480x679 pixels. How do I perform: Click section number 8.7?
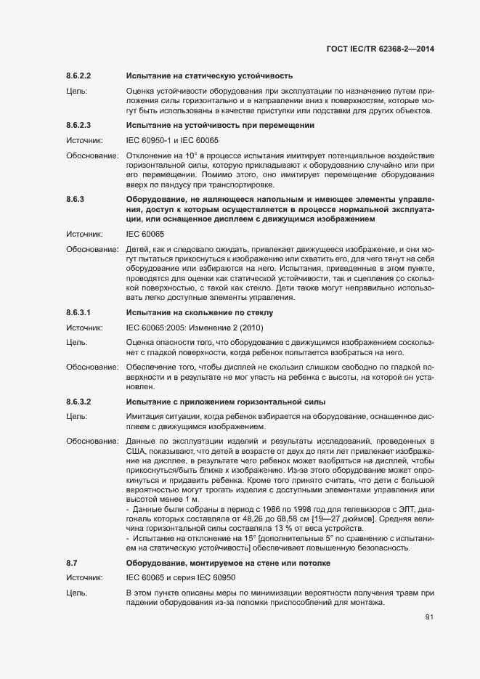tap(72, 564)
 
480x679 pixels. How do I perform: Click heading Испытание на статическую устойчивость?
tap(209, 76)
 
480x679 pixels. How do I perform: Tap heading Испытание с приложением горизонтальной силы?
tap(226, 402)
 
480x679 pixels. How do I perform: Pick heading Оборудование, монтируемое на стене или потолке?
tap(229, 564)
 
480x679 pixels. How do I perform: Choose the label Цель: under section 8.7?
tap(77, 594)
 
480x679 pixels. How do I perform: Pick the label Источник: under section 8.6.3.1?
tap(84, 326)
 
